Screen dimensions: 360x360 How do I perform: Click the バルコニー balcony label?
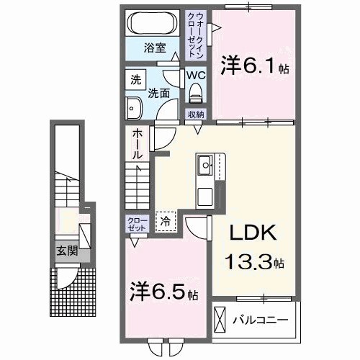tap(264, 318)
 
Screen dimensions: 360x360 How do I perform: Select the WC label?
tap(194, 74)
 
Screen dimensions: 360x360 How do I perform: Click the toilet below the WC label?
tap(194, 91)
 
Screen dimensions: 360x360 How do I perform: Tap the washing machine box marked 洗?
tap(135, 79)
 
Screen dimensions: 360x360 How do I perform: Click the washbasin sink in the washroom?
tap(135, 108)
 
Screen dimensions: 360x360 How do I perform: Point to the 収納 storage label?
tap(197, 114)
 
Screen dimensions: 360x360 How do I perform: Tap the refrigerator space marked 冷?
tap(166, 222)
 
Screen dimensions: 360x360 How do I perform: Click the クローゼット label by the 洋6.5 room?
tap(135, 224)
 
